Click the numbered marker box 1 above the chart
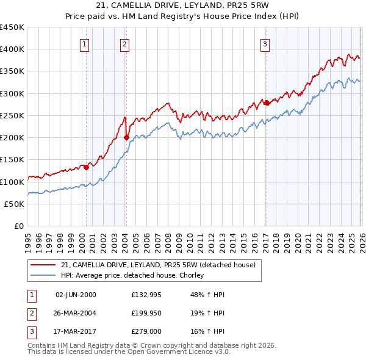[84, 43]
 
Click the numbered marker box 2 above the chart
[124, 43]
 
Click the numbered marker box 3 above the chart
[265, 43]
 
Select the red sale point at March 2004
[126, 138]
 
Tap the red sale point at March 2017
[267, 103]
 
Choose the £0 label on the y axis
[19, 226]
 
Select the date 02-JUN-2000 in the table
[76, 295]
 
